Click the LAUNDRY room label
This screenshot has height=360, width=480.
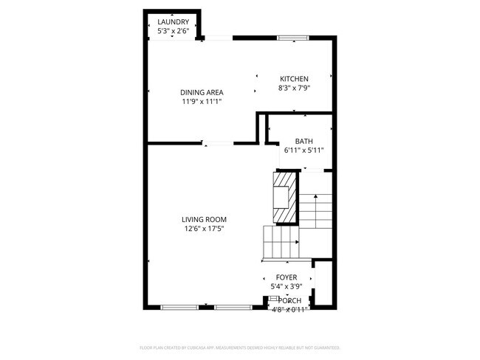tap(174, 22)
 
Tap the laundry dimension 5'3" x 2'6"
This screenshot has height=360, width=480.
tap(174, 31)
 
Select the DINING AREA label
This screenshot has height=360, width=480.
tap(202, 92)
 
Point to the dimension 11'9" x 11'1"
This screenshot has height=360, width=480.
tap(202, 102)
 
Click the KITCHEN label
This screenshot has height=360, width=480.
tap(294, 79)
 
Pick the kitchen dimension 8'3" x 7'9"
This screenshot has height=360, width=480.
tap(294, 88)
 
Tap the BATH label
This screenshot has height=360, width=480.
tap(304, 141)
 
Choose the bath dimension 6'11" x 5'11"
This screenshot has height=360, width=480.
tap(304, 150)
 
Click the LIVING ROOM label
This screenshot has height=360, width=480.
tap(205, 219)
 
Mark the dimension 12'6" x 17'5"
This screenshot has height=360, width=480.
tap(205, 229)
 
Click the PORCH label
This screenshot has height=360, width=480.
tap(289, 300)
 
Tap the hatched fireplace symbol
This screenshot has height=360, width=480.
tap(284, 197)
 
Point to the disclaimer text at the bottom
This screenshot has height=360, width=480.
tap(240, 347)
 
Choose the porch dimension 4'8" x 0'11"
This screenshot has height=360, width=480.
tap(289, 309)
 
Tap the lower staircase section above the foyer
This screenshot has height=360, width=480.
tap(281, 243)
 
